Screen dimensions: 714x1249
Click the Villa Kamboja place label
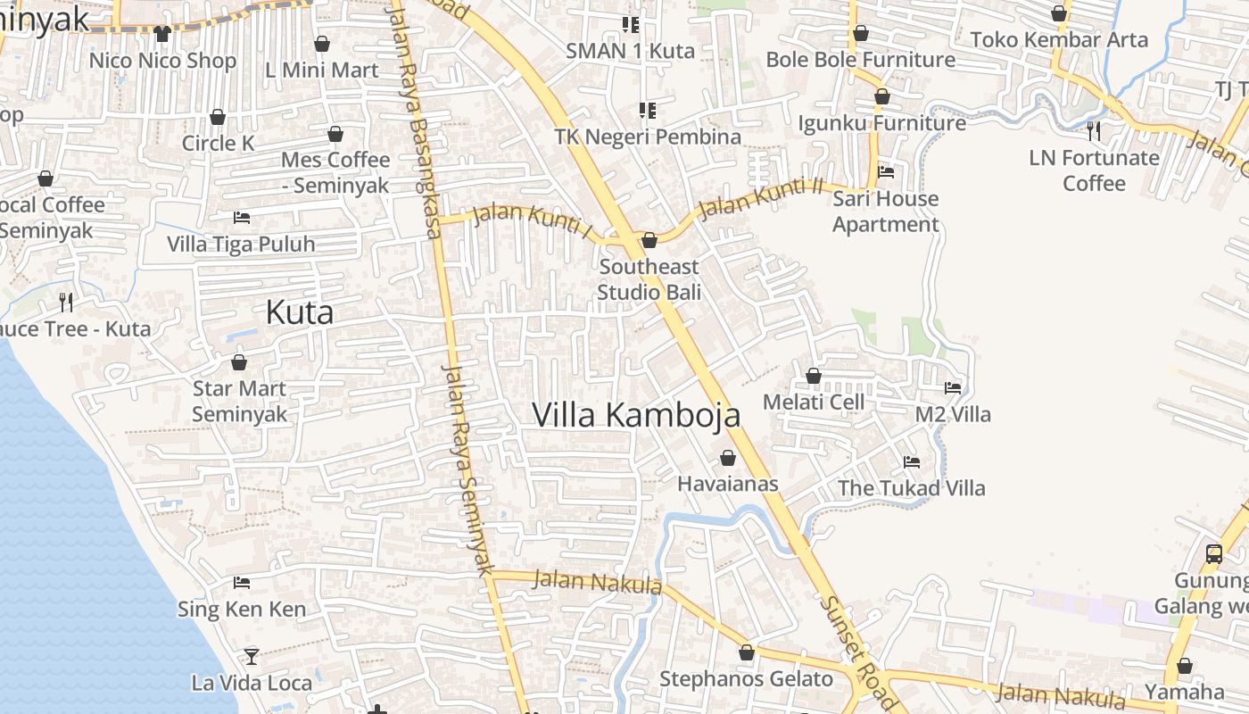point(636,415)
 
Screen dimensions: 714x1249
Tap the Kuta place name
point(300,312)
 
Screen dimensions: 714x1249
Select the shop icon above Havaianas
point(728,458)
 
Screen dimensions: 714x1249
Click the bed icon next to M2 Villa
point(953,388)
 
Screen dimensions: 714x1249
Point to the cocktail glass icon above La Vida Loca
point(252,656)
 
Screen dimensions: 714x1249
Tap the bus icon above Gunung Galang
point(1213,553)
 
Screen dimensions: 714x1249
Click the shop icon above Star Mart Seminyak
point(239,362)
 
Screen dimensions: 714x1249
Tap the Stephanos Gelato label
point(746,679)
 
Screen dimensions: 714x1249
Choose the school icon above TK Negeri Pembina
point(648,111)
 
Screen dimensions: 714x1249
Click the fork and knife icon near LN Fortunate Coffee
point(1094,131)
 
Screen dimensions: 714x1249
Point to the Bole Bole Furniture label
point(861,60)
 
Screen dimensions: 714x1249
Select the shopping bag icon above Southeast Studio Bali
point(649,240)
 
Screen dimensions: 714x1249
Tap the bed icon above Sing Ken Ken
point(241,583)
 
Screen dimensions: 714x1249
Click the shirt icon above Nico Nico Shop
point(161,34)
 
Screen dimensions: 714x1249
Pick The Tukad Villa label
point(911,488)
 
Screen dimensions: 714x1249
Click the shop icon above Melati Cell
point(814,377)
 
